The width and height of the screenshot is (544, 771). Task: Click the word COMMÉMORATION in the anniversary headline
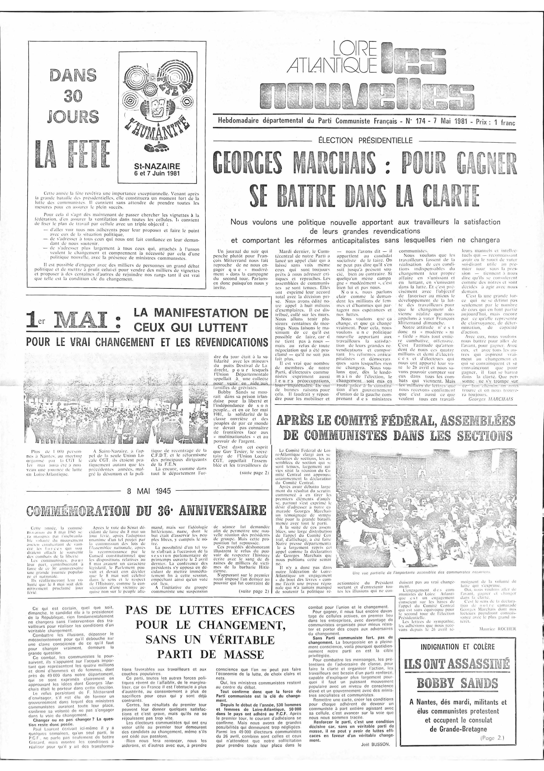pos(84,511)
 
